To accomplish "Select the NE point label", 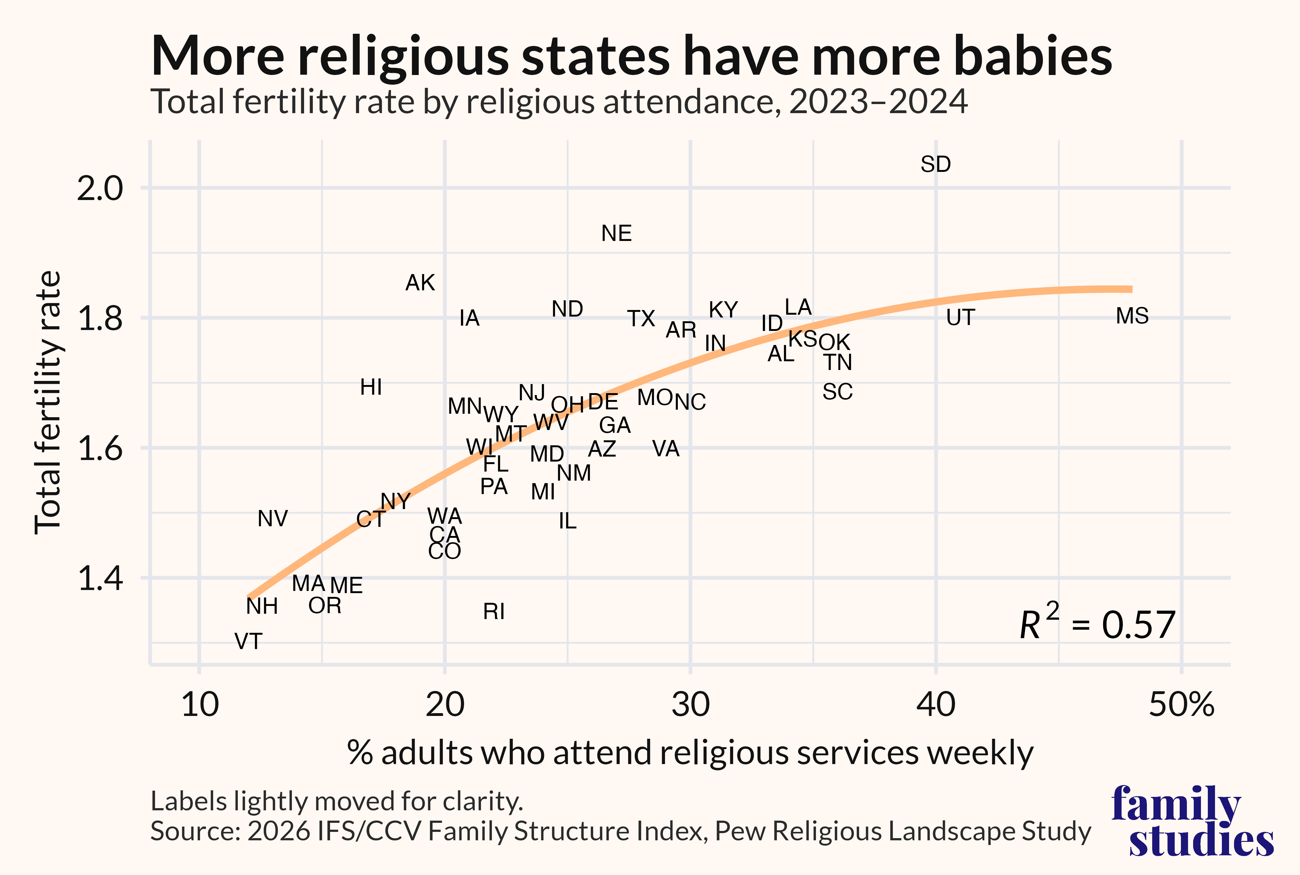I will [x=617, y=233].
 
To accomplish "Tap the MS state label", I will [x=1132, y=316].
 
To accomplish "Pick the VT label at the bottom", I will [x=248, y=642].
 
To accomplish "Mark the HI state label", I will [x=371, y=387].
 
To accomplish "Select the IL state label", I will [x=567, y=521].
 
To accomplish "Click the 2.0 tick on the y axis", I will [x=99, y=189].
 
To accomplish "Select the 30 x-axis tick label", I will [x=690, y=705].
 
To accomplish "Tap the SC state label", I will [x=837, y=392].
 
